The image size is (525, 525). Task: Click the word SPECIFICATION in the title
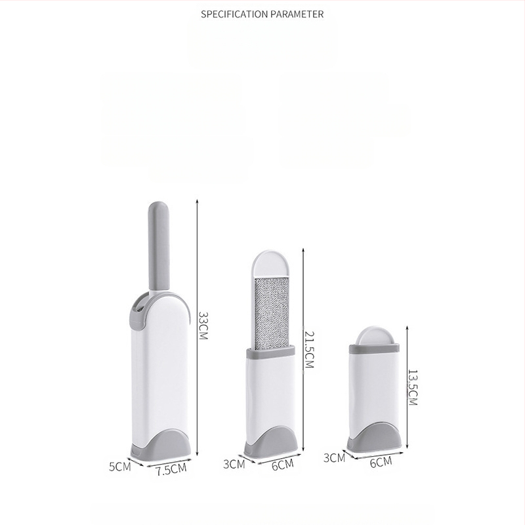pos(234,14)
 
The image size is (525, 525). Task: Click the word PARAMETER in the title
pos(297,14)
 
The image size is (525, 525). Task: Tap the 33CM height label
pos(203,325)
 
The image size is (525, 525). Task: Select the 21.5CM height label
pos(309,350)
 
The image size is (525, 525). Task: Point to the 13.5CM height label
pos(413,388)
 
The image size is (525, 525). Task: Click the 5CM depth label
pos(119,467)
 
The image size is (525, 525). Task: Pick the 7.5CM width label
pos(171,469)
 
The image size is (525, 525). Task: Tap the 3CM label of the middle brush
pos(234,464)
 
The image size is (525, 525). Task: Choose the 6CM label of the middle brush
pos(283,465)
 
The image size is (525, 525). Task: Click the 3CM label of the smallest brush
pos(334,457)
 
